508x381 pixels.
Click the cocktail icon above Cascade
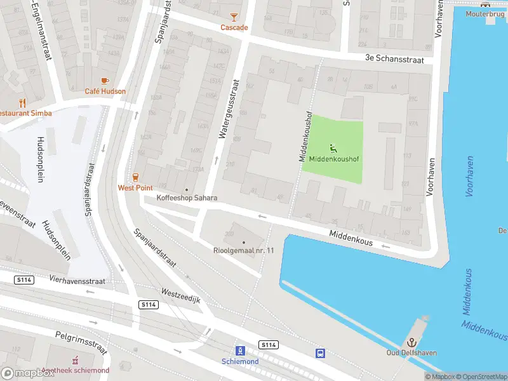[234, 17]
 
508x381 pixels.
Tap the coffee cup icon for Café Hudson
[105, 81]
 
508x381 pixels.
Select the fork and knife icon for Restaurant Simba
[23, 102]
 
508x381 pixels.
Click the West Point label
[134, 187]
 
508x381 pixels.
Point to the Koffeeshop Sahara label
[187, 198]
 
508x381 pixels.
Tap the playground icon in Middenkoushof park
[333, 148]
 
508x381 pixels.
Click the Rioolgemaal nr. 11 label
[243, 250]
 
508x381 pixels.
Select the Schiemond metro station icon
[240, 351]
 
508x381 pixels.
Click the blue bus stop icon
[321, 353]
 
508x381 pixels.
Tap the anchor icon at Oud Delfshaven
[411, 342]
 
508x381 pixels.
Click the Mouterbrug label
[485, 14]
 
